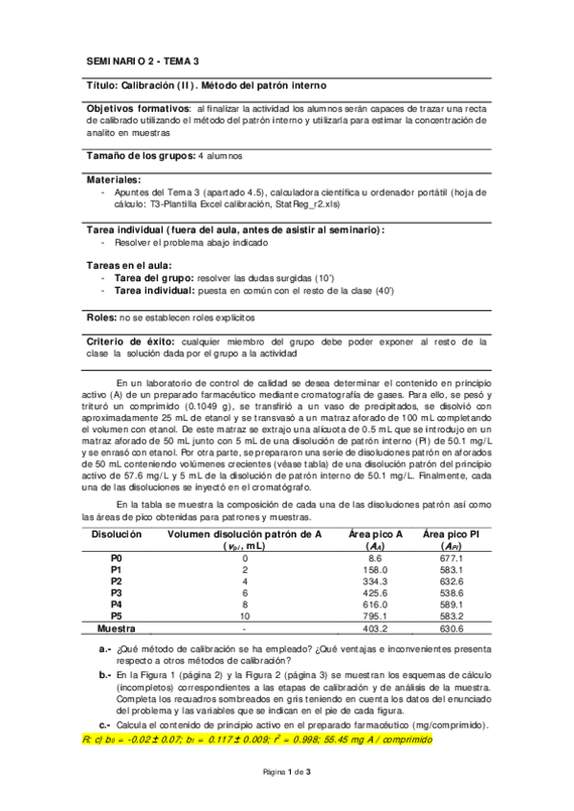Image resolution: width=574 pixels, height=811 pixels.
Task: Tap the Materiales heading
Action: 114,179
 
